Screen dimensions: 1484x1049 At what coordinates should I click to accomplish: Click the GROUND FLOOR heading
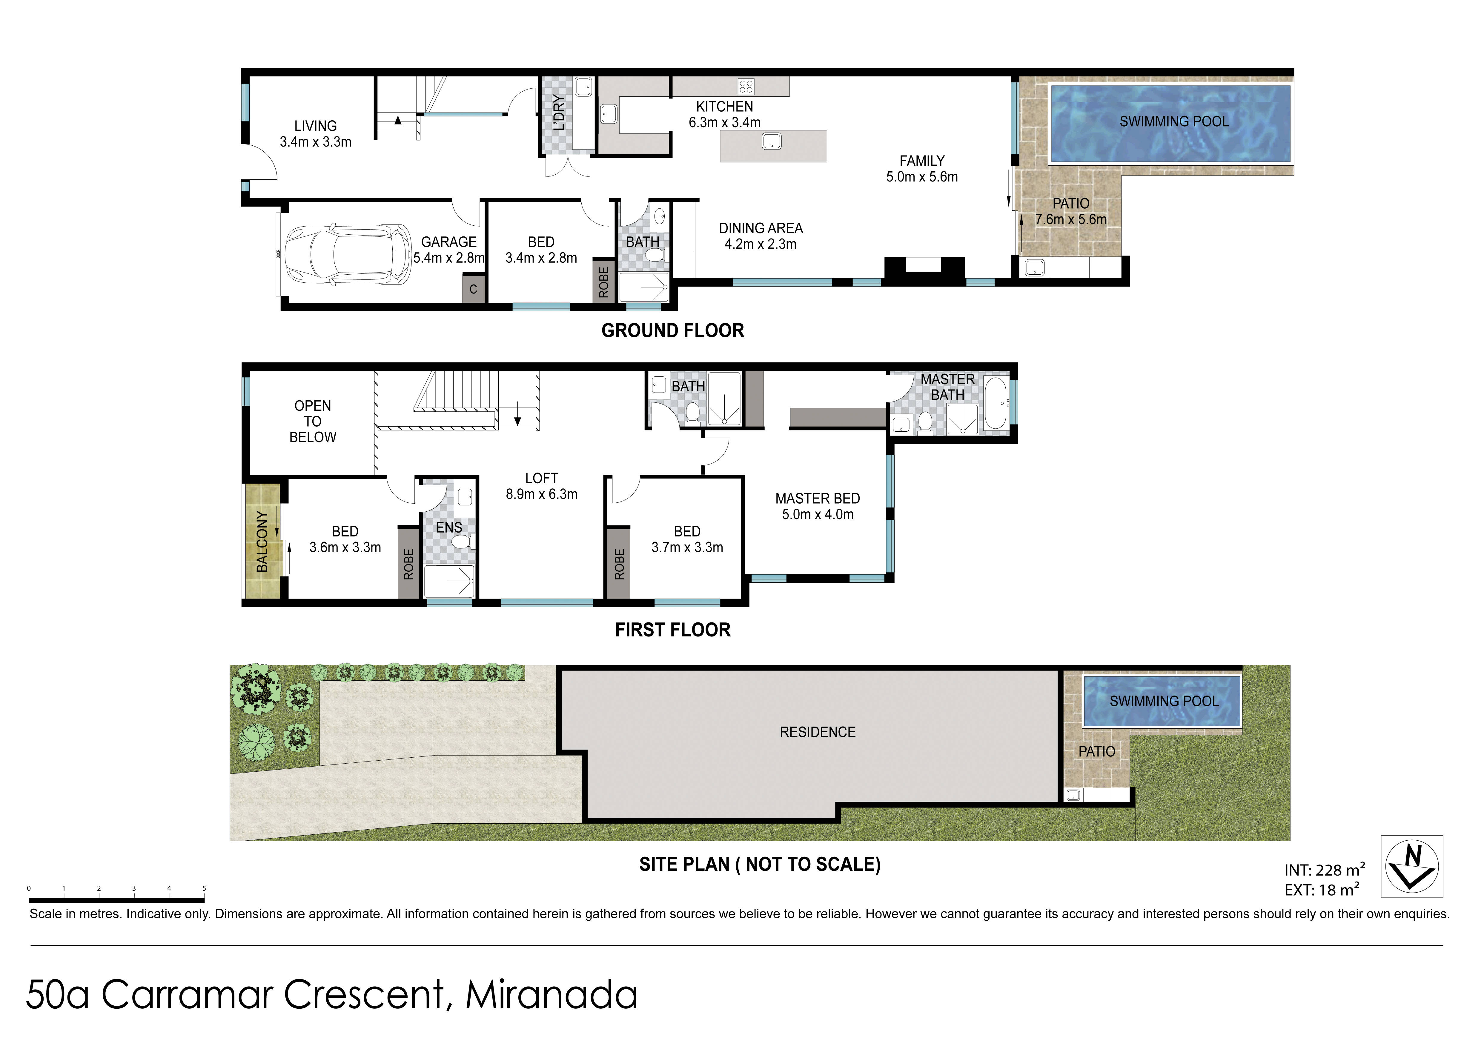[x=673, y=331]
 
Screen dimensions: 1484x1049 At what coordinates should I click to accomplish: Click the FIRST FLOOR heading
[x=673, y=630]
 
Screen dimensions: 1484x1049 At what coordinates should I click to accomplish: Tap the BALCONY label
[x=262, y=542]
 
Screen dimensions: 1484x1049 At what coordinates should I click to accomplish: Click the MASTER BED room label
[x=818, y=499]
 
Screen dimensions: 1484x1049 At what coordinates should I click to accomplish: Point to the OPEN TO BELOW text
[x=313, y=422]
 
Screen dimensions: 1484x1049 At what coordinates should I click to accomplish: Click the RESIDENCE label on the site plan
[x=818, y=732]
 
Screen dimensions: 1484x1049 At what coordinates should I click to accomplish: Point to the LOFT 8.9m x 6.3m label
[x=542, y=487]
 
